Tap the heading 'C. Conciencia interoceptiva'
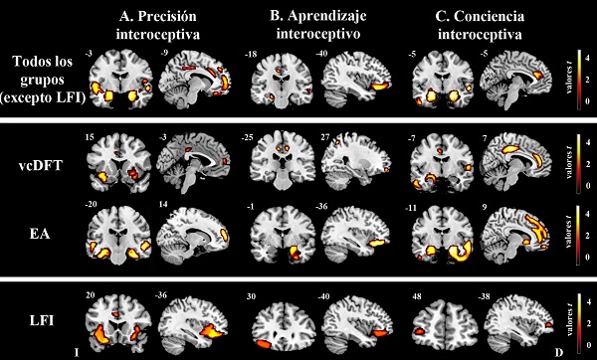[x=461, y=26]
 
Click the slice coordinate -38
[x=489, y=295]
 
